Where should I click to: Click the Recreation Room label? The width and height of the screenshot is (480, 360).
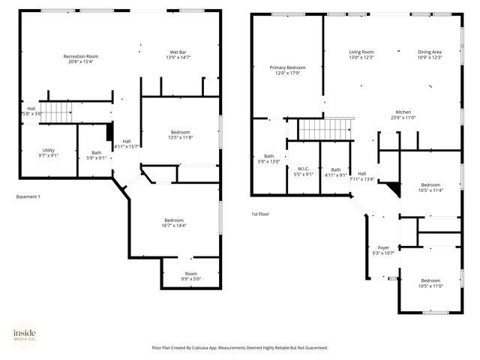(x=81, y=59)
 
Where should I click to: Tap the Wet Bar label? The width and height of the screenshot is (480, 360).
(x=177, y=55)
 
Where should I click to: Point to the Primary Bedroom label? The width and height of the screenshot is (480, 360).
(x=287, y=70)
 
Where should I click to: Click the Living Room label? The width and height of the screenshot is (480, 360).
(x=361, y=55)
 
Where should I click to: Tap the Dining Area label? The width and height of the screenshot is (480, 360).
(x=430, y=55)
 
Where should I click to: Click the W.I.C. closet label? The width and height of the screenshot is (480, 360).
(x=304, y=172)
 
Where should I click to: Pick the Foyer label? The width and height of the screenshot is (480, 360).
(x=383, y=250)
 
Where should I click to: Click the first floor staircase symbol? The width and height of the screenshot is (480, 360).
(x=326, y=128)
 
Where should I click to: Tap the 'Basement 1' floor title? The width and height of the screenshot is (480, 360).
(x=28, y=196)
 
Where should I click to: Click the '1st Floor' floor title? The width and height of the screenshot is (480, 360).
(x=260, y=214)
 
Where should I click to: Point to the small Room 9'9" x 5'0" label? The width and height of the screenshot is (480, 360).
(x=191, y=276)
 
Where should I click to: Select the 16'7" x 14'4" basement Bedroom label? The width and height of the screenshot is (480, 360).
(x=174, y=223)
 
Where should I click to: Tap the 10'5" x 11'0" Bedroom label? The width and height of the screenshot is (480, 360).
(x=430, y=283)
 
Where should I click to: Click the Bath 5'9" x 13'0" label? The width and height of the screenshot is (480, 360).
(x=268, y=159)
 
